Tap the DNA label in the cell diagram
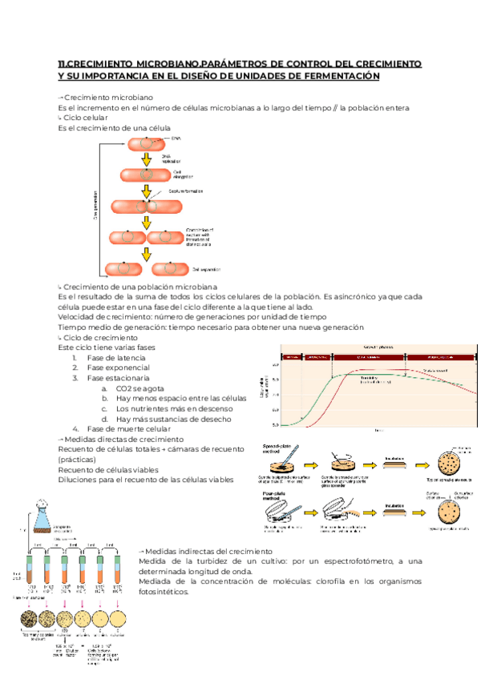[176, 139]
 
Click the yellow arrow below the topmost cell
[146, 160]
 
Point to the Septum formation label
[185, 191]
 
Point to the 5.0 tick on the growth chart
[274, 425]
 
